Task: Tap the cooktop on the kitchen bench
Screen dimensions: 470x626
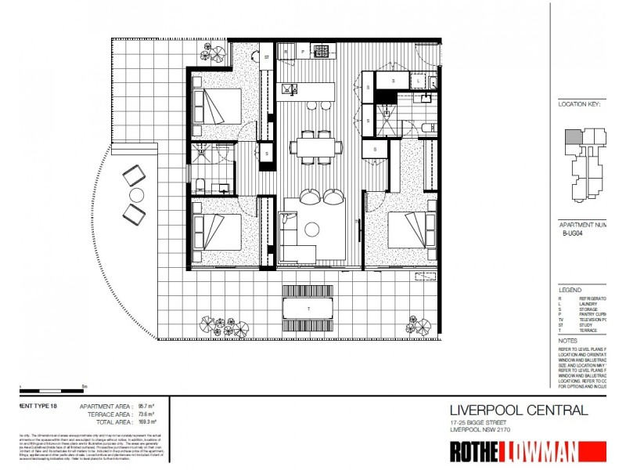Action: click(x=322, y=52)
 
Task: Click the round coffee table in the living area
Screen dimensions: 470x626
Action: click(x=312, y=229)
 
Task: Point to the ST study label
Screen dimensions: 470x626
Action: click(x=266, y=57)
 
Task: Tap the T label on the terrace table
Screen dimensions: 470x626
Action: click(x=311, y=309)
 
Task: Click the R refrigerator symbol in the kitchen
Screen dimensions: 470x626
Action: click(x=287, y=52)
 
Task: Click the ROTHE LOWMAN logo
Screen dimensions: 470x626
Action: click(x=524, y=452)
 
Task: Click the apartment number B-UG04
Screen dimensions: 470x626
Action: click(x=574, y=233)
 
